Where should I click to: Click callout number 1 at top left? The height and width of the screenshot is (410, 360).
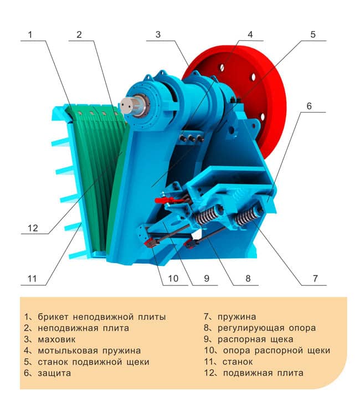[x=30, y=34]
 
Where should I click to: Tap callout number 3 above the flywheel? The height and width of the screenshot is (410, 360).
[x=158, y=34]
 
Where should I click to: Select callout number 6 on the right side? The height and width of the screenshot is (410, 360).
[x=309, y=106]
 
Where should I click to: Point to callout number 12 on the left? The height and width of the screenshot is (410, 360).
[x=33, y=228]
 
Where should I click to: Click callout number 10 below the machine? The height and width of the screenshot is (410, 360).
[x=173, y=278]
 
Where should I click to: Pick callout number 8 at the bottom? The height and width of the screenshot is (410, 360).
[x=248, y=278]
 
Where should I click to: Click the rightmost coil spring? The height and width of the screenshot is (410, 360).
[x=247, y=215]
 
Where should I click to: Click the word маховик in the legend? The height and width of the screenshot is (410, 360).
[x=56, y=340]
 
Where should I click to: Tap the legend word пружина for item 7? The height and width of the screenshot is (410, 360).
[x=237, y=317]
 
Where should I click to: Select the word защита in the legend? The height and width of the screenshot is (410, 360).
[x=54, y=373]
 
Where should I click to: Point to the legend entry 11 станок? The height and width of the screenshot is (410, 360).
[x=229, y=362]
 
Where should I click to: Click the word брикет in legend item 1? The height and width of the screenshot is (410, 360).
[x=53, y=317]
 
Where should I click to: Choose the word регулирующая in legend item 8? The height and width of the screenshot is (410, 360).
[x=251, y=328]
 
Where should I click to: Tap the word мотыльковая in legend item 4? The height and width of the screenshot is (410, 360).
[x=68, y=351]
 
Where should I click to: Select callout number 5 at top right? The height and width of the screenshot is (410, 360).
[x=313, y=34]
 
